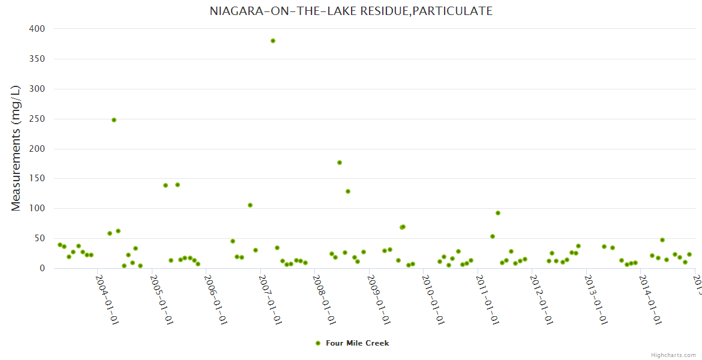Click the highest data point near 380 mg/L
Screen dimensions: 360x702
click(x=273, y=41)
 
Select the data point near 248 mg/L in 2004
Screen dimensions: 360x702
click(x=114, y=120)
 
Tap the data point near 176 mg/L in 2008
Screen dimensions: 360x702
click(x=340, y=163)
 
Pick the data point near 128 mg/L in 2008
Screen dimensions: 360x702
click(x=348, y=191)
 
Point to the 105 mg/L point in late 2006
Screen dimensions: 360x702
click(x=250, y=205)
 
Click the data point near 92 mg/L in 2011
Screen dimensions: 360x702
click(x=498, y=213)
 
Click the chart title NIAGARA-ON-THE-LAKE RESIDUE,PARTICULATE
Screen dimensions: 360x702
click(x=351, y=11)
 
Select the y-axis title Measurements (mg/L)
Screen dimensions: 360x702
click(x=16, y=148)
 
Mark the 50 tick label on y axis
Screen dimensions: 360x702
click(x=39, y=238)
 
